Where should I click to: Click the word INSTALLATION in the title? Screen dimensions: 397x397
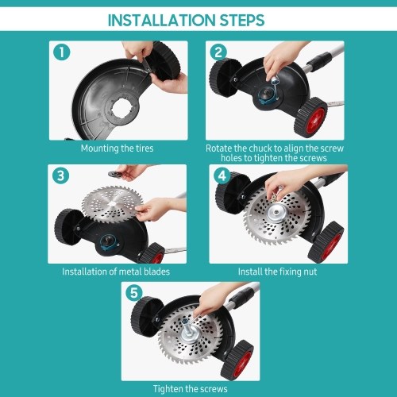(161, 20)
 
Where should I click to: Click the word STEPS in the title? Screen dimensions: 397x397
(242, 20)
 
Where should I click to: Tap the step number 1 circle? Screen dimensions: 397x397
(61, 52)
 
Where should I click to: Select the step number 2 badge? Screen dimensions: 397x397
(218, 52)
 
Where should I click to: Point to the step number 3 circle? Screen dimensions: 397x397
(60, 175)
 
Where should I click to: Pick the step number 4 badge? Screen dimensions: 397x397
(222, 175)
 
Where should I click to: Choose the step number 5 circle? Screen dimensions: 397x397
(134, 293)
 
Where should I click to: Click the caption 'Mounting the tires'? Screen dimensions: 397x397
(118, 148)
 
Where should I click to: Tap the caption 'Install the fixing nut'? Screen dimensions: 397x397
(277, 272)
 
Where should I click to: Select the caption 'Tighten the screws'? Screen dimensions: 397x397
(191, 389)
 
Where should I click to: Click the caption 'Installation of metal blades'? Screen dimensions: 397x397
(116, 272)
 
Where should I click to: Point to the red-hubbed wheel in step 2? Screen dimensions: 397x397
(311, 118)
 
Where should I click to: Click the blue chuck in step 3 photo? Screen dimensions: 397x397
(108, 242)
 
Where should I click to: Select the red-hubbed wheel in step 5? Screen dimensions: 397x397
(237, 360)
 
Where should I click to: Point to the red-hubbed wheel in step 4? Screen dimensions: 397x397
(326, 242)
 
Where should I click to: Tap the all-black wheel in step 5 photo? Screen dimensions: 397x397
(145, 317)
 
